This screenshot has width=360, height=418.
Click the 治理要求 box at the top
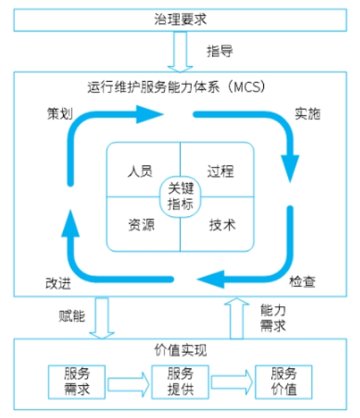tap(180, 17)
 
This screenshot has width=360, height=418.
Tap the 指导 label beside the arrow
tap(220, 51)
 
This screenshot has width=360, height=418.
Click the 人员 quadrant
tap(140, 171)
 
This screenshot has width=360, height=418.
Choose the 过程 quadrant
tap(220, 171)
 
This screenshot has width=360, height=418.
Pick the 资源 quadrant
tap(140, 224)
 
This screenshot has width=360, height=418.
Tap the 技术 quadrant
tap(220, 224)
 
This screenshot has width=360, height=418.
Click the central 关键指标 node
tap(180, 196)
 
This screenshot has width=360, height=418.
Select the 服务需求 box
tap(76, 381)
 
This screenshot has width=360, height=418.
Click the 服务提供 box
tap(180, 381)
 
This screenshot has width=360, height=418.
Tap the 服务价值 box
tap(283, 381)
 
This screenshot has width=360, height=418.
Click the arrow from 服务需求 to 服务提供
tap(128, 381)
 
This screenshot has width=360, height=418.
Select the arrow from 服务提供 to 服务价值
tap(232, 381)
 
